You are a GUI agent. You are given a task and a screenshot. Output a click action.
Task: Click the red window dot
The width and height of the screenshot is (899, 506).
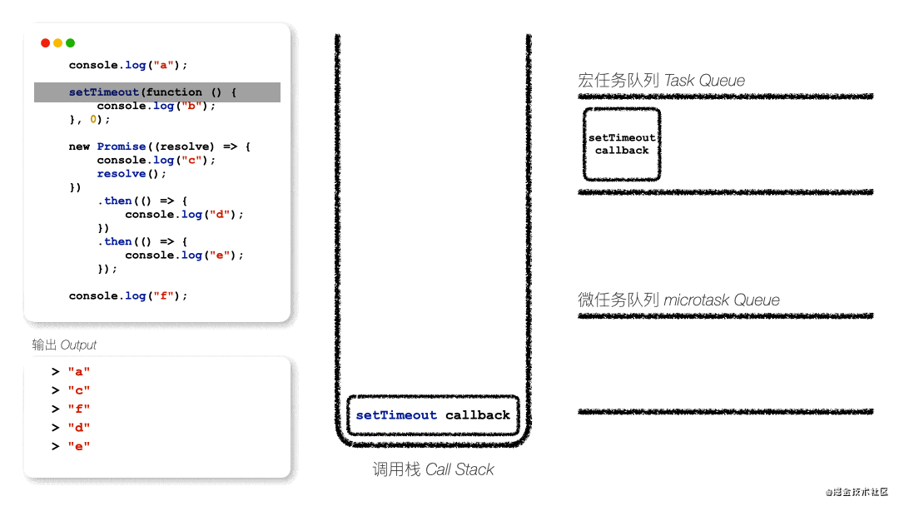tap(45, 43)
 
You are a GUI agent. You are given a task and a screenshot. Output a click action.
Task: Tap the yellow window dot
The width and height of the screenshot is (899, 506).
tap(57, 43)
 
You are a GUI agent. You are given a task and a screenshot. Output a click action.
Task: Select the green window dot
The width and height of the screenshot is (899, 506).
tap(70, 43)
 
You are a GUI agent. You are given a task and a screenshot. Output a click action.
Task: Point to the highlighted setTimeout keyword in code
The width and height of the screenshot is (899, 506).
tap(104, 92)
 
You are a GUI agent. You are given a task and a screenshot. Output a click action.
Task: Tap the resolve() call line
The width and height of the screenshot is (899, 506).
tap(132, 174)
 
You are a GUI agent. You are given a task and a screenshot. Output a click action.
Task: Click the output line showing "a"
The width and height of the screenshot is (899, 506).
tap(78, 372)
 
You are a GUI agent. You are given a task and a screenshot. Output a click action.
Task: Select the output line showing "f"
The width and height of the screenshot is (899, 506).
tap(78, 409)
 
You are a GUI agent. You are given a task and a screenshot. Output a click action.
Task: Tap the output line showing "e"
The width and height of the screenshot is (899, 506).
tap(78, 447)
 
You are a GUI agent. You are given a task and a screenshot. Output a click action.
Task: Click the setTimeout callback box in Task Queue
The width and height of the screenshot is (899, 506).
tap(622, 144)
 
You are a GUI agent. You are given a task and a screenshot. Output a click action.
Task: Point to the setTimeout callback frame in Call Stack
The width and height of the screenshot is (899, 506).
tap(433, 415)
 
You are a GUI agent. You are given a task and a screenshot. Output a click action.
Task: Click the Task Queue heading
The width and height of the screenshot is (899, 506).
tap(661, 81)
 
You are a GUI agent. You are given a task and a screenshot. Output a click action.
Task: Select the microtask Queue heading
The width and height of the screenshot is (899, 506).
tap(678, 300)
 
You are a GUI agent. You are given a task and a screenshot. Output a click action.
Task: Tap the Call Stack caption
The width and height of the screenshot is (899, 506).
tap(433, 470)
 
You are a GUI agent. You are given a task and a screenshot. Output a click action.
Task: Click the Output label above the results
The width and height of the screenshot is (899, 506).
tap(64, 345)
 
